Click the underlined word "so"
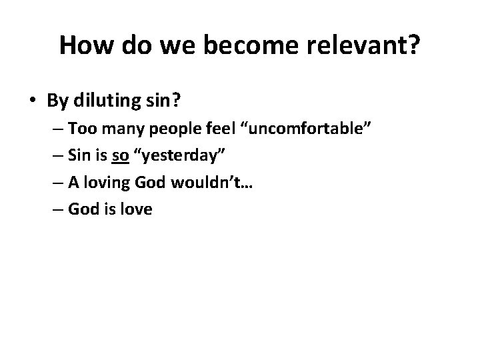point(121,155)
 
